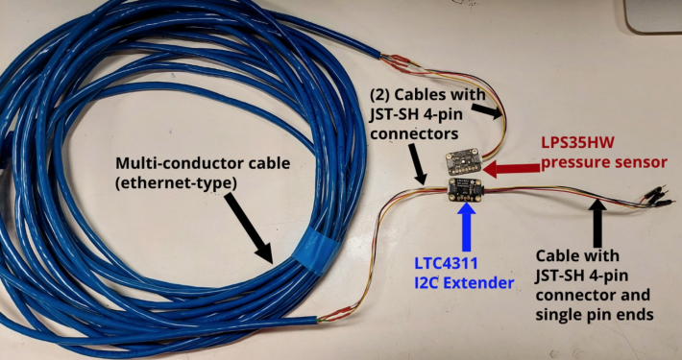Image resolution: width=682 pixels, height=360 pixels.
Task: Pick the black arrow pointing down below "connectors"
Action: coord(420,165)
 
